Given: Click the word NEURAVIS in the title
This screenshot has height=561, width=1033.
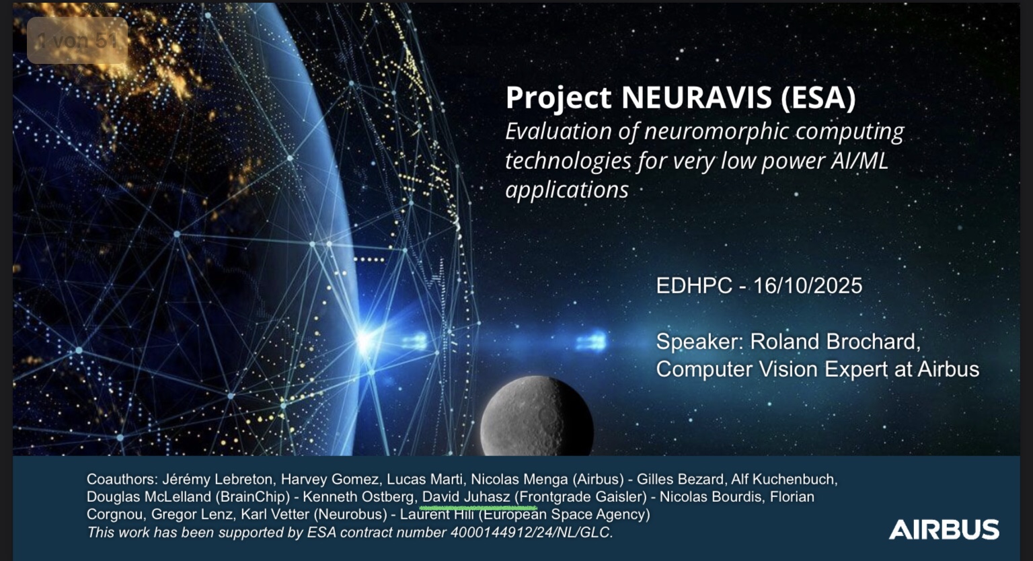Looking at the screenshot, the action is (696, 98).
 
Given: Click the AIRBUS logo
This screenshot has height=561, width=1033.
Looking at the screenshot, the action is (944, 529).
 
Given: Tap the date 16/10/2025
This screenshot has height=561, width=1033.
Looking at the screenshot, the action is (808, 286).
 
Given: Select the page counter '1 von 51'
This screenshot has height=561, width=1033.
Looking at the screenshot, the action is (77, 40).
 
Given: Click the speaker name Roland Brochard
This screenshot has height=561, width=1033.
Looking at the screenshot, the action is (835, 342).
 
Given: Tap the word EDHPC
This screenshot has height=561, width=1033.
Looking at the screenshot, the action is (694, 286).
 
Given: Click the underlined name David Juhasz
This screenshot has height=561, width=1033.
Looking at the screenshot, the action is (466, 497).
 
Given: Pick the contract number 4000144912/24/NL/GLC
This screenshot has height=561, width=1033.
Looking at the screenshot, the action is (532, 532).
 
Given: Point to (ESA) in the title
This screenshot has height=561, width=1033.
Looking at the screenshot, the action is (818, 98).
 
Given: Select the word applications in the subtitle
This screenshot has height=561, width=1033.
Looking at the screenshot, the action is (567, 190).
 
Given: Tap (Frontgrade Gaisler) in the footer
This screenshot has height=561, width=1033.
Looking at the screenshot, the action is (580, 497).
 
